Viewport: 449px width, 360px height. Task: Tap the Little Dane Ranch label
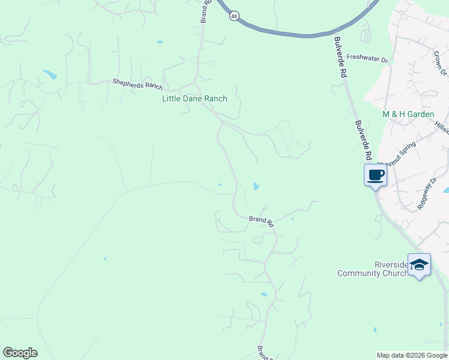click(194, 98)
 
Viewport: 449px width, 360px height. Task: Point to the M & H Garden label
click(408, 114)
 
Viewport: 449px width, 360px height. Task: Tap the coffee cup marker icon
click(376, 175)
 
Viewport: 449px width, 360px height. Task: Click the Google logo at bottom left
click(20, 353)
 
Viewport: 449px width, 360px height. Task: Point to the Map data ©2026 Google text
click(412, 355)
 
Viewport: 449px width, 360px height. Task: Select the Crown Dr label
click(441, 63)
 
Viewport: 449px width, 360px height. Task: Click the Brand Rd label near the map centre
click(262, 220)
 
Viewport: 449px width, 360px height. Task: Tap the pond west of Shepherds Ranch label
click(49, 76)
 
